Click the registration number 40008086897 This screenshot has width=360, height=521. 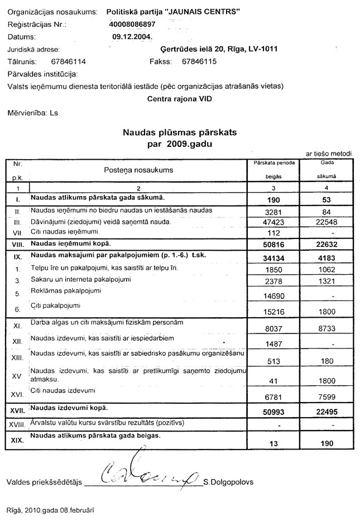(x=133, y=25)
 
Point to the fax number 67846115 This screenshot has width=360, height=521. (x=199, y=61)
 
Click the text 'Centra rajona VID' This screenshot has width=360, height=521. (x=179, y=98)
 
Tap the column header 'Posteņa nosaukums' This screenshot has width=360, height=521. (x=138, y=169)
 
